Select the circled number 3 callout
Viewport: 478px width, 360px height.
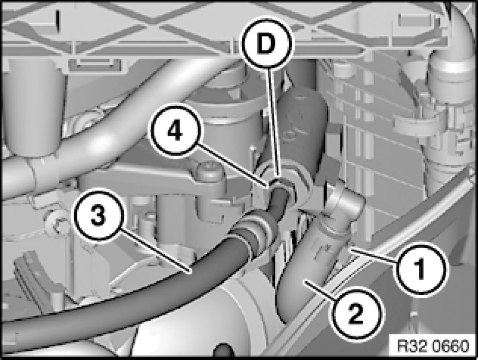click(x=99, y=216)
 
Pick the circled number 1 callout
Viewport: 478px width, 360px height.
click(x=421, y=269)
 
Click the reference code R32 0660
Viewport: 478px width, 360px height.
click(x=433, y=346)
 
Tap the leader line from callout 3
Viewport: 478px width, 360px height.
click(x=155, y=249)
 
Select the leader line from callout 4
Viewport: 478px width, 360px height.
click(x=232, y=165)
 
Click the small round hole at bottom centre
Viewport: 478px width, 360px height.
click(x=224, y=351)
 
